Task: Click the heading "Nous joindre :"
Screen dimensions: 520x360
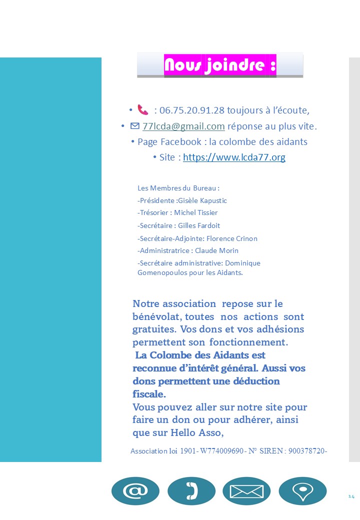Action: (220, 65)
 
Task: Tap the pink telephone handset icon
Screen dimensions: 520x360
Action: (143, 109)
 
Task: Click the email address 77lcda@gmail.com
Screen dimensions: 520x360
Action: (183, 126)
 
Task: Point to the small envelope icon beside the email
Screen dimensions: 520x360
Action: (134, 126)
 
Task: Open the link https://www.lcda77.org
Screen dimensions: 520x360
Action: (234, 157)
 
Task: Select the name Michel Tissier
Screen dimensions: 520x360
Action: (196, 212)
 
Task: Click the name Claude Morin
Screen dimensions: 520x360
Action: (216, 250)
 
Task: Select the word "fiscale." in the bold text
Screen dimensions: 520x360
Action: (149, 394)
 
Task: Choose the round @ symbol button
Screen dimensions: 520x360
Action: (135, 491)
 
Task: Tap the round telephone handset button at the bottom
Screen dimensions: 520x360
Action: (191, 491)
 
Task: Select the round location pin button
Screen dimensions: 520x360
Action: (302, 491)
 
